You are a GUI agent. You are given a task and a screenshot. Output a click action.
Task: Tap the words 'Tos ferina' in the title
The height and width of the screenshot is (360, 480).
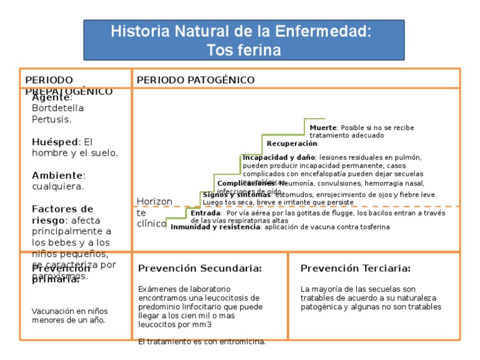pos(240,49)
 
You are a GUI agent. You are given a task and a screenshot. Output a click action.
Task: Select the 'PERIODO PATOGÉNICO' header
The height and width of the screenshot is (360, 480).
pos(196,80)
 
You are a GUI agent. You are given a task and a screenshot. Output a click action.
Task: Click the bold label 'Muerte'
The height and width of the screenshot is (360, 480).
pos(322,127)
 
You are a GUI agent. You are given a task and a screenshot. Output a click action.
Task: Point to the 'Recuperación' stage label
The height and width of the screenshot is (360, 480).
pos(292,144)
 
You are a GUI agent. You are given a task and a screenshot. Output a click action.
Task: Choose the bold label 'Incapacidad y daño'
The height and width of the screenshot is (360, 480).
pos(279,157)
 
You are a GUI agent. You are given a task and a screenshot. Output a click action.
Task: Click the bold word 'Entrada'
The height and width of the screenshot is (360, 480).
pos(205,213)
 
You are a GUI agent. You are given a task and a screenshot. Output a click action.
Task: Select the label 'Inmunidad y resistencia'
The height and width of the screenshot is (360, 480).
pos(215,227)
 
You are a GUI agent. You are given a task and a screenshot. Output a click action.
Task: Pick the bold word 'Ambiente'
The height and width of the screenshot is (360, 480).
pos(57,175)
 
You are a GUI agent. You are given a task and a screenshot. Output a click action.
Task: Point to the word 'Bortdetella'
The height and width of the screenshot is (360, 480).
pos(57,108)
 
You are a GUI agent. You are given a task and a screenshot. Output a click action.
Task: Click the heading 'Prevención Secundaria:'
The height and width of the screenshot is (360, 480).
pos(200,268)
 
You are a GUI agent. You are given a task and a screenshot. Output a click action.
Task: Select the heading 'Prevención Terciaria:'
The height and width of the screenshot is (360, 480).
pos(355,268)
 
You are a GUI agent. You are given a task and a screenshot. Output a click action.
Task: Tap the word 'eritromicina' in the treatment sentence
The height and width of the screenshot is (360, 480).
pos(242,341)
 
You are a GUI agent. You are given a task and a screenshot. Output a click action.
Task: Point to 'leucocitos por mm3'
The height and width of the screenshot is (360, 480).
pos(175,324)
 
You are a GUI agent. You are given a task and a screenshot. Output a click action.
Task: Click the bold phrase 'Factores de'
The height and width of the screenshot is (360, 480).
pos(62,209)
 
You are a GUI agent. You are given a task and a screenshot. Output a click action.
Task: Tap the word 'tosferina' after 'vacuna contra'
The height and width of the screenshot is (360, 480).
pos(371,227)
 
